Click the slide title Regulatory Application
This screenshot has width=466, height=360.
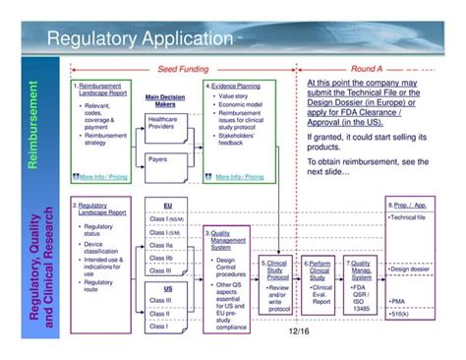coord(141,40)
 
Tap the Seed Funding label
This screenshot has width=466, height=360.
coord(184,70)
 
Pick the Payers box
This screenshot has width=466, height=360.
coord(157,158)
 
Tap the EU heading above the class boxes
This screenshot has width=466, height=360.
coord(168,204)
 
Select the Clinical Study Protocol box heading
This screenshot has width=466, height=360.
coord(278,270)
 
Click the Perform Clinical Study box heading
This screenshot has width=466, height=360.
coord(320,270)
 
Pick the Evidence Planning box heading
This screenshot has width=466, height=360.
coord(236,86)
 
